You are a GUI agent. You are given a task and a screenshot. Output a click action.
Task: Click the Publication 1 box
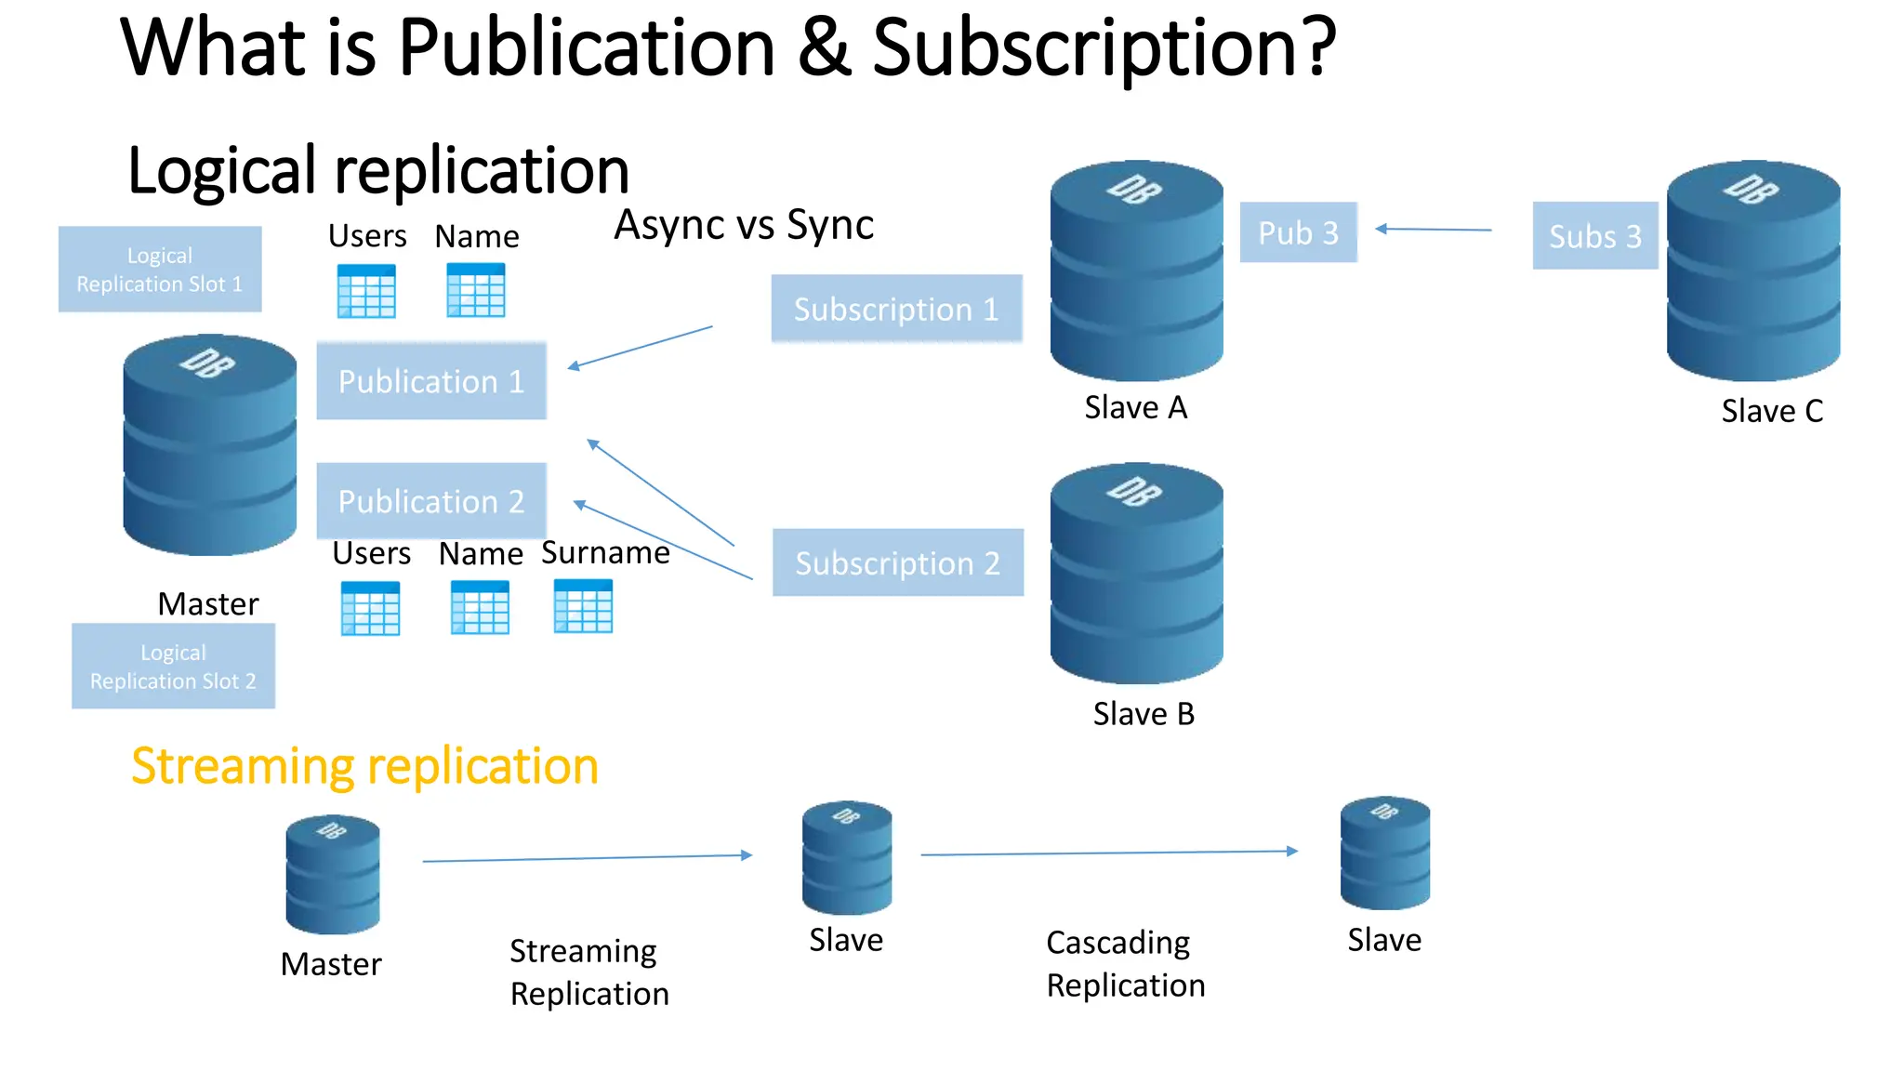(431, 381)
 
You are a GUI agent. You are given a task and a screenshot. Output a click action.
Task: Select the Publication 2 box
(431, 501)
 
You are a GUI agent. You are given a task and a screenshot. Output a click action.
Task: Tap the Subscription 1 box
(896, 309)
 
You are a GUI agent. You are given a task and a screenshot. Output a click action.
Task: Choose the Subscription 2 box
(897, 562)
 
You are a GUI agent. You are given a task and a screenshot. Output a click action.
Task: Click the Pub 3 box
(1298, 232)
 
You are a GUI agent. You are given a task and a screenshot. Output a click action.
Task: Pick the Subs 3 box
(1594, 236)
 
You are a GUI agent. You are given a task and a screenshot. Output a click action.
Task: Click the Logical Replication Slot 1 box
(160, 270)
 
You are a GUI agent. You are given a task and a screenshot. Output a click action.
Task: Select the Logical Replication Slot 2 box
(173, 667)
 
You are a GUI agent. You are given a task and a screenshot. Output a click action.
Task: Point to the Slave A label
(1135, 408)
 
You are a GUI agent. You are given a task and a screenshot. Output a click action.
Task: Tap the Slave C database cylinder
(1752, 271)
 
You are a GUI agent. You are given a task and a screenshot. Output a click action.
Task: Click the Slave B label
(1143, 714)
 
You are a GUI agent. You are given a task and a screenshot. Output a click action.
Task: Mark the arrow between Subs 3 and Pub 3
(1433, 229)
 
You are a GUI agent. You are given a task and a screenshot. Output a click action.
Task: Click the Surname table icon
(583, 606)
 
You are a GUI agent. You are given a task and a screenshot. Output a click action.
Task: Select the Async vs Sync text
(744, 225)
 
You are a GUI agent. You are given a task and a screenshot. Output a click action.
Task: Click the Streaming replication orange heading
(364, 767)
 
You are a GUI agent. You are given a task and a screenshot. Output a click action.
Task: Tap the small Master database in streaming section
(333, 875)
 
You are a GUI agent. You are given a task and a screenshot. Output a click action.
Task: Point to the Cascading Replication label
(1125, 964)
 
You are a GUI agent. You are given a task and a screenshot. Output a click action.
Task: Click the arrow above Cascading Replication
(1108, 853)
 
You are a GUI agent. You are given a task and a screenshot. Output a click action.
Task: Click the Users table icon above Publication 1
(366, 291)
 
